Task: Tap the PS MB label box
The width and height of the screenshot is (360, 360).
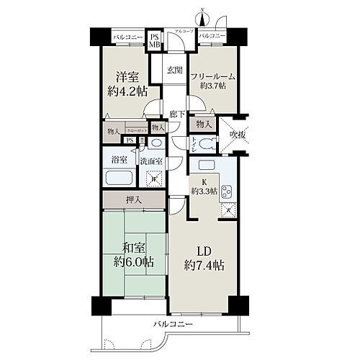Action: click(x=155, y=40)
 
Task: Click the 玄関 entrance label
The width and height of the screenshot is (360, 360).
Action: click(x=174, y=70)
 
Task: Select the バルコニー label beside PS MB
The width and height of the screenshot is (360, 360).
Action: click(x=127, y=35)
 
